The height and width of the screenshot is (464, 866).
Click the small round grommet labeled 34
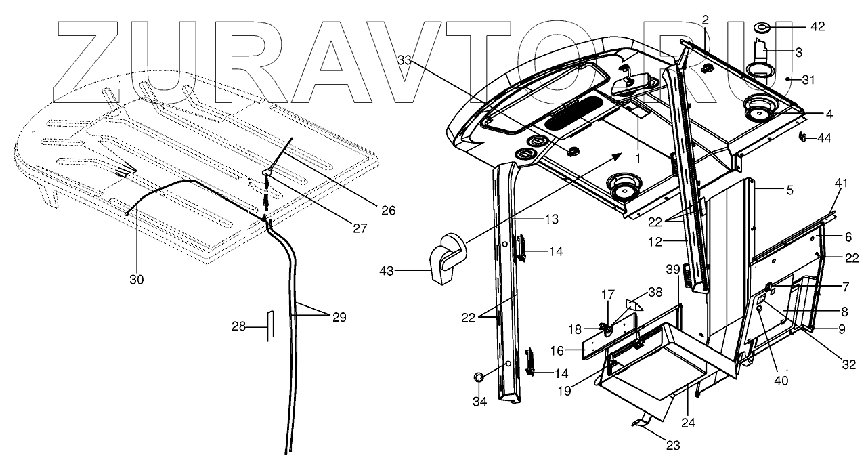point(479,377)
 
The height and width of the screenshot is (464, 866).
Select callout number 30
point(137,278)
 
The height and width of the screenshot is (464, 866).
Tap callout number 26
point(387,210)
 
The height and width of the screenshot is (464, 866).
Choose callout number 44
point(824,138)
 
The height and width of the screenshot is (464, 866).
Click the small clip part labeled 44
point(802,138)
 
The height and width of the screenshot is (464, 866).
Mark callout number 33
point(404,61)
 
